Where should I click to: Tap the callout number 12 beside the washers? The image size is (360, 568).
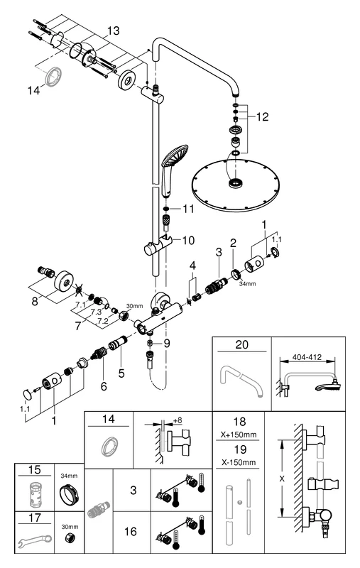tap(262, 116)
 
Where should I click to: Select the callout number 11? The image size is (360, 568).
tap(187, 209)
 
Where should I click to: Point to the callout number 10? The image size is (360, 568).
tap(187, 240)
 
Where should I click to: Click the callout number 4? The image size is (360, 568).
tap(192, 267)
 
